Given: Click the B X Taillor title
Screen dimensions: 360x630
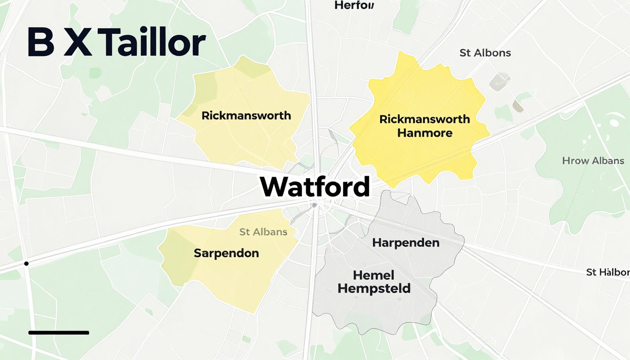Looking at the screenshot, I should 116,43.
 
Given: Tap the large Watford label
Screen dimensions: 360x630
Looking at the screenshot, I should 315,187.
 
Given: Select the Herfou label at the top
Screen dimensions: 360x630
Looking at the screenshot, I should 354,6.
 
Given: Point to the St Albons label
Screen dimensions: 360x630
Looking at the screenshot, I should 485,53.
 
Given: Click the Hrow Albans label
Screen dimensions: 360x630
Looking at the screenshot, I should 593,161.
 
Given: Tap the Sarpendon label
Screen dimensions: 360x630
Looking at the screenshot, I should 226,253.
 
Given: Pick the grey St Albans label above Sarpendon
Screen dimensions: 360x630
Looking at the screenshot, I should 263,232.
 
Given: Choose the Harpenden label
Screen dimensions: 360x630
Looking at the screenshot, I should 405,243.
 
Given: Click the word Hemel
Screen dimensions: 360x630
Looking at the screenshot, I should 374,275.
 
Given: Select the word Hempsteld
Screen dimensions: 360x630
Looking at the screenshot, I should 374,288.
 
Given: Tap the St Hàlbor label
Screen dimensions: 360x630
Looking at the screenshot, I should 607,272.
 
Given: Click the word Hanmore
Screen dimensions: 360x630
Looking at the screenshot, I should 425,133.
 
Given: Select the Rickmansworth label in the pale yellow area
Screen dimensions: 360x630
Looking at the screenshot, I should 246,115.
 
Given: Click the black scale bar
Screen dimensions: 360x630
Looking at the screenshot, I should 59,333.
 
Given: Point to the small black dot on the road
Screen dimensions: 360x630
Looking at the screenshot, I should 27,264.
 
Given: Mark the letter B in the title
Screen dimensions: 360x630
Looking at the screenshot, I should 41,43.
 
